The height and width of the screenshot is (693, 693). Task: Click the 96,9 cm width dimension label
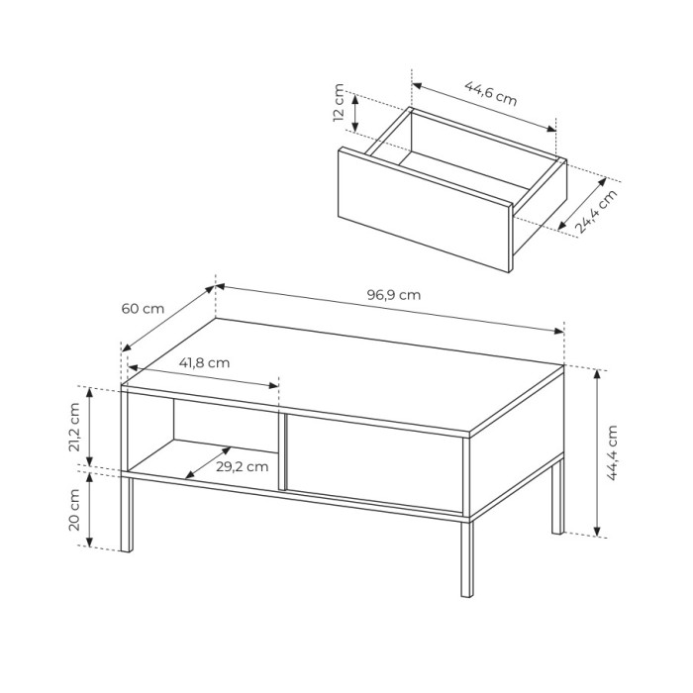394,295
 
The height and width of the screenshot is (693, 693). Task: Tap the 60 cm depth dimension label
143,309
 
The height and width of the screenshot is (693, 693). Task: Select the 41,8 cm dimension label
204,363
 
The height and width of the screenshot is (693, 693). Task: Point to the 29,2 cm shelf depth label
243,466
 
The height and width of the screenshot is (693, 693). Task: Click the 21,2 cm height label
74,427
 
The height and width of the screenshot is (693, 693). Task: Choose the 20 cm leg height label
74,510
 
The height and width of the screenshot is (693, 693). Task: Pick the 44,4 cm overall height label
612,452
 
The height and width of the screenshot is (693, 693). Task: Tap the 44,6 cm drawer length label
491,93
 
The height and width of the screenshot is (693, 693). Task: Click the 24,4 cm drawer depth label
596,211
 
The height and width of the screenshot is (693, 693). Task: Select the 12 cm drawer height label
339,102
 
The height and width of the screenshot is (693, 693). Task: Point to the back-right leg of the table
558,497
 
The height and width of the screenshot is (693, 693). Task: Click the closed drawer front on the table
375,463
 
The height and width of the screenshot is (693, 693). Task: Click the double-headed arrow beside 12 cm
355,112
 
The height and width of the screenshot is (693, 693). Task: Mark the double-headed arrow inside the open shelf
208,462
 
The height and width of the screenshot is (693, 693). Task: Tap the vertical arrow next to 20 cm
89,510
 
